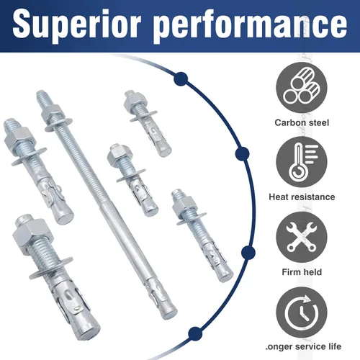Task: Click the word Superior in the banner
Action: pos(76,24)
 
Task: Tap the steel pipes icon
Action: pos(302,87)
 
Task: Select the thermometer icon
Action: pos(302,162)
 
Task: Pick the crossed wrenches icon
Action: pos(302,237)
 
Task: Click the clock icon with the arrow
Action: pos(302,312)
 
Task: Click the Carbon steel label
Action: pos(302,122)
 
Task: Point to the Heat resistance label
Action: pos(302,197)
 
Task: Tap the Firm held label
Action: pos(302,272)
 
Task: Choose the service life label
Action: pos(303,346)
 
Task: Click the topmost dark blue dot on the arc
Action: pos(181,78)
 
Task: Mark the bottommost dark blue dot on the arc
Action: pos(195,333)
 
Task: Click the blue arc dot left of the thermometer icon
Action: pos(243,154)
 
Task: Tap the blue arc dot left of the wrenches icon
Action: pos(248,253)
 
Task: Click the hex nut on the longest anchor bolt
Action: pos(51,113)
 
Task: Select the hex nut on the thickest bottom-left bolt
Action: pos(31,235)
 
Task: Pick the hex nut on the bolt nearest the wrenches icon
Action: pos(186,204)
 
